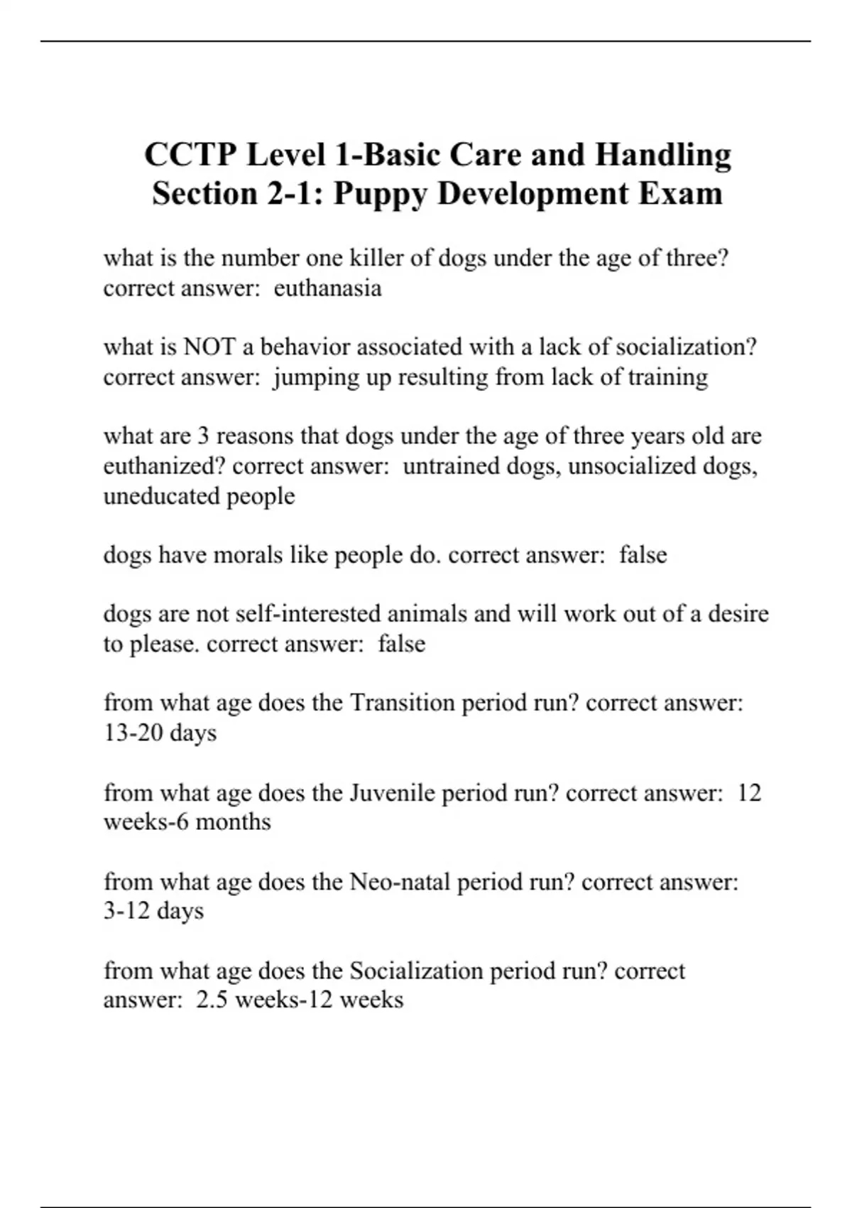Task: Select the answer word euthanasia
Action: [327, 288]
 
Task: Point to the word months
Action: [233, 822]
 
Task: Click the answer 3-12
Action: [127, 911]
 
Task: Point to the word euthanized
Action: [165, 466]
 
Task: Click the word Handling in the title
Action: [662, 155]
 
